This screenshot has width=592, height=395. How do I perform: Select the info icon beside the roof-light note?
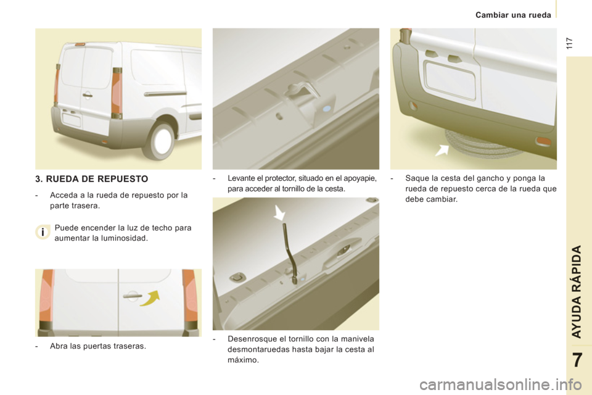tap(41, 233)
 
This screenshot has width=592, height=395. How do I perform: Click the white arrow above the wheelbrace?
tap(279, 214)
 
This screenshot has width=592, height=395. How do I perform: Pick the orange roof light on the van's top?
tap(80, 44)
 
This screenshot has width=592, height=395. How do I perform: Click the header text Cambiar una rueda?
tap(513, 14)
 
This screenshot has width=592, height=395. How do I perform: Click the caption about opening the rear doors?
tap(97, 346)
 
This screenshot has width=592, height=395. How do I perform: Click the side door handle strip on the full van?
tap(165, 93)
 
